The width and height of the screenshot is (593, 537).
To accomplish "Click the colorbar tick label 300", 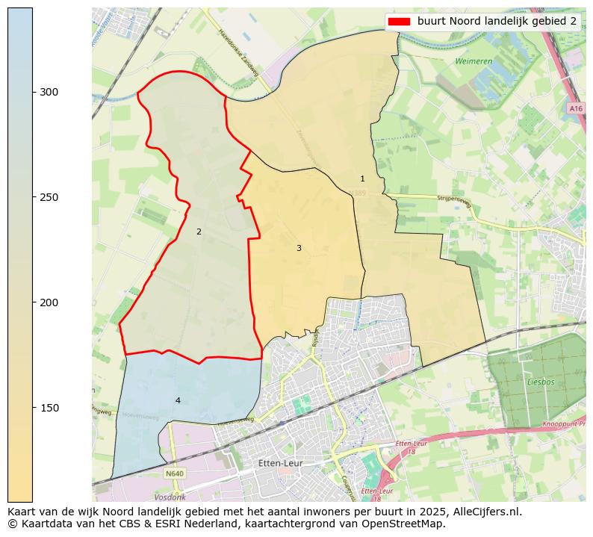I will coord(49,92).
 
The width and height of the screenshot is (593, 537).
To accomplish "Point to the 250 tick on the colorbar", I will coord(49,197).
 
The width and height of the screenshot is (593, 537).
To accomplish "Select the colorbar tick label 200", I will coord(49,302).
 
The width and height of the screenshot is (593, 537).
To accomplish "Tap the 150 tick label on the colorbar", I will coord(49,408).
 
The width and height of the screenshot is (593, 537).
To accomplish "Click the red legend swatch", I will coord(400,21).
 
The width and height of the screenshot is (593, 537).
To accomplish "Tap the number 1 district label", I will coord(362,179).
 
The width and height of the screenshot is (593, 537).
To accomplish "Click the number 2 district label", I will coord(199,232).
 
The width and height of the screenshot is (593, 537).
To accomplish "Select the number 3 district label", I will coord(299,248).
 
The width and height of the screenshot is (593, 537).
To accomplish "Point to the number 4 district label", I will coord(178,400).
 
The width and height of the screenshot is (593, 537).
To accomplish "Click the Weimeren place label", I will coord(474,61).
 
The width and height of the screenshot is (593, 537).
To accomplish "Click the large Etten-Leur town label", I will coord(279,463).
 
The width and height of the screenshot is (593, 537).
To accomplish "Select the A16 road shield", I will coord(575,108).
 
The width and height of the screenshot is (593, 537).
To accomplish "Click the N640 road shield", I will coord(174,474).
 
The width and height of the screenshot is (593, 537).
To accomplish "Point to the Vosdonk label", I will coord(170,497).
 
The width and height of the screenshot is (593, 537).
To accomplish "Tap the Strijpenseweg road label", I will coord(454,200).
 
